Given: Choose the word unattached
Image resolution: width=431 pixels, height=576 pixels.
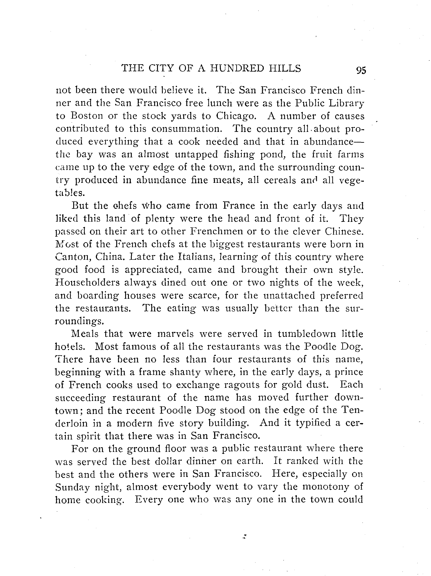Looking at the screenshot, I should click(x=289, y=296).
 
